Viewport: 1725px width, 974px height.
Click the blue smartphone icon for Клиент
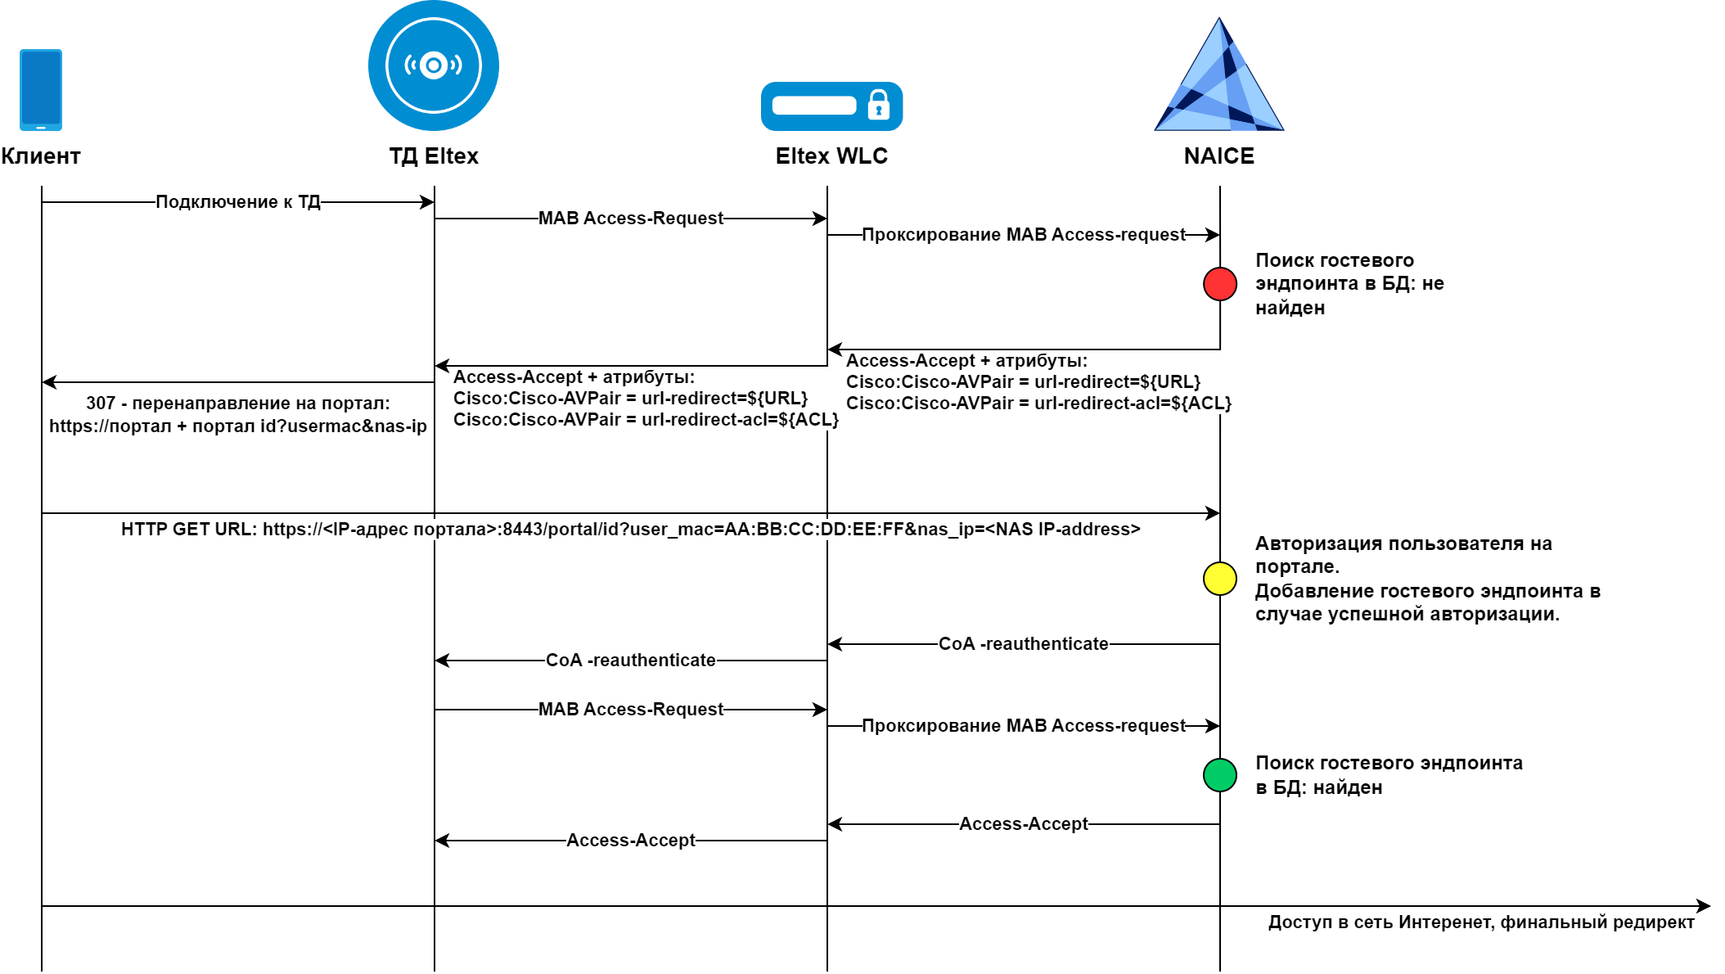[41, 89]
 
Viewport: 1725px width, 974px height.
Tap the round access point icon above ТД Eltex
[434, 65]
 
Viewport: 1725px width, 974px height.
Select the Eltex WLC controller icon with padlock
[831, 106]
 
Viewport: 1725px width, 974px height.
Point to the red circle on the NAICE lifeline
[1220, 284]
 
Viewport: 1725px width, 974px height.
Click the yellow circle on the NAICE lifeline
[1220, 579]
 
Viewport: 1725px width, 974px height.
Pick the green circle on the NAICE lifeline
[1220, 775]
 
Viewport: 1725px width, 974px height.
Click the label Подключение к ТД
[238, 202]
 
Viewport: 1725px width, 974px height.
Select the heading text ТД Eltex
[434, 156]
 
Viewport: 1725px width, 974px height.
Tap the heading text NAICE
[1219, 156]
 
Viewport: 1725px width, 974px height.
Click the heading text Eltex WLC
[831, 156]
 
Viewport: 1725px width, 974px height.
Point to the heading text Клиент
[41, 156]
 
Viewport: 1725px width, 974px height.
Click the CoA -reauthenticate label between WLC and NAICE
[1024, 644]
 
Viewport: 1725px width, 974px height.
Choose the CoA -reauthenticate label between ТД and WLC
[631, 661]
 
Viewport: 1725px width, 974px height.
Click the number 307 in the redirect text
[101, 404]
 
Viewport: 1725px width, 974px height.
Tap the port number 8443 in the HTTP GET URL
[523, 530]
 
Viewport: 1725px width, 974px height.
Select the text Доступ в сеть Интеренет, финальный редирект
[1481, 922]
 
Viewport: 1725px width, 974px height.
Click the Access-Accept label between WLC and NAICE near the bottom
[1024, 824]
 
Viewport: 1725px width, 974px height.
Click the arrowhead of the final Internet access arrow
[1705, 906]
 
